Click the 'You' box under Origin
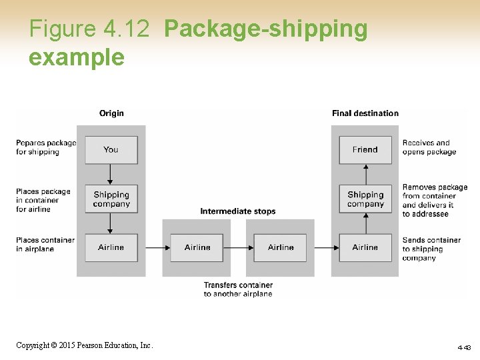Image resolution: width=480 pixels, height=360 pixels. (x=111, y=150)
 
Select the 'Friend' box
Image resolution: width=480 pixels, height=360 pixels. (x=365, y=150)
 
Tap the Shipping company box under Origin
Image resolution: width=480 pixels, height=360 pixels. (x=111, y=199)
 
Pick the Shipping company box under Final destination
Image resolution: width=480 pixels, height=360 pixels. (x=365, y=199)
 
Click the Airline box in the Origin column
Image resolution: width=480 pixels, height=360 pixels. (x=111, y=247)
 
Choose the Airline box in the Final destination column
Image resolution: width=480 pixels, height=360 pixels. (x=365, y=247)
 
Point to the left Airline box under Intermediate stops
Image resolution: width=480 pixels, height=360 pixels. (x=197, y=247)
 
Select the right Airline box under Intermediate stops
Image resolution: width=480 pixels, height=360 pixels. (x=281, y=247)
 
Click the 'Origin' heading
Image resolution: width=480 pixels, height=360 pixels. (x=111, y=113)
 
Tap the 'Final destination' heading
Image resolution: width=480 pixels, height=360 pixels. (x=365, y=113)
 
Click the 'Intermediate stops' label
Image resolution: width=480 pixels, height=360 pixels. (x=238, y=211)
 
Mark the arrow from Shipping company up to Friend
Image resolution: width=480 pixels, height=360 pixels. (x=365, y=175)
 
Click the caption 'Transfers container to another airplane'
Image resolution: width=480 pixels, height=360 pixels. (x=238, y=289)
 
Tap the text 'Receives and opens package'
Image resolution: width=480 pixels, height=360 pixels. (x=429, y=147)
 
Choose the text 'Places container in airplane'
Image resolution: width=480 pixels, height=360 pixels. (x=45, y=245)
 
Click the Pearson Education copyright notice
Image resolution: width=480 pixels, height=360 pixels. (x=85, y=345)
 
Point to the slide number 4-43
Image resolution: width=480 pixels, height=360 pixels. (x=464, y=348)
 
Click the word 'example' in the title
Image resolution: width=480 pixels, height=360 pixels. (x=77, y=57)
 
